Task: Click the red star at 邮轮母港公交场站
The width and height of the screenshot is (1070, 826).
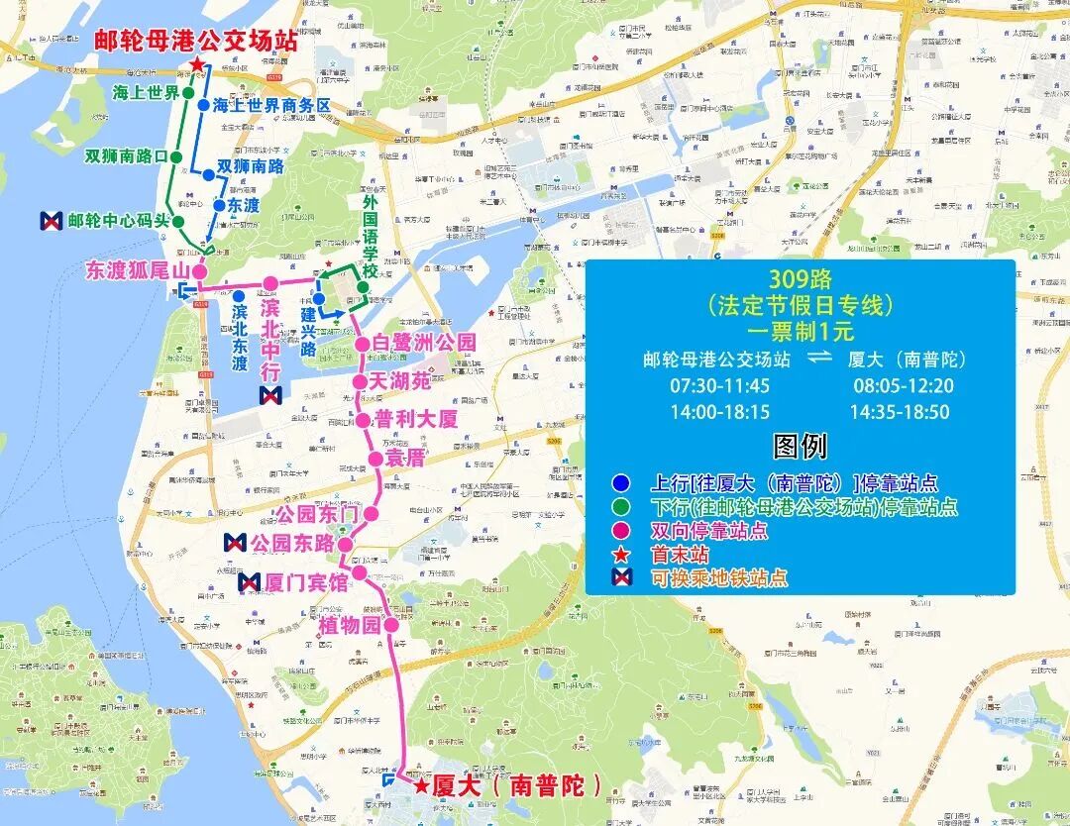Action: [x=197, y=65]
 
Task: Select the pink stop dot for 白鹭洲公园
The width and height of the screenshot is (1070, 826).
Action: [x=364, y=344]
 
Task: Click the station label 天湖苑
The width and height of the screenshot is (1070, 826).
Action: [x=400, y=381]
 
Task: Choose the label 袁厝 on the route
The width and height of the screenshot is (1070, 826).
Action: [x=405, y=458]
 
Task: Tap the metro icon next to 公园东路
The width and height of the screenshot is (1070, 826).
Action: [x=236, y=543]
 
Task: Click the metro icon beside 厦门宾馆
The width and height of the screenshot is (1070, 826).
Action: [x=250, y=582]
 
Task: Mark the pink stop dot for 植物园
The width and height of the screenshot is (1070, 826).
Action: [x=391, y=625]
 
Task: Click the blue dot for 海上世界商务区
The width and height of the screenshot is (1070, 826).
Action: [x=202, y=104]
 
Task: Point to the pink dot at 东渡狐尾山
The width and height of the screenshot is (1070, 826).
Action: [x=198, y=270]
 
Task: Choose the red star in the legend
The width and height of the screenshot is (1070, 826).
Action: [x=621, y=555]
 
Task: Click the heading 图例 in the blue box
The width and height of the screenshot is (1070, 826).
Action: [x=800, y=447]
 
